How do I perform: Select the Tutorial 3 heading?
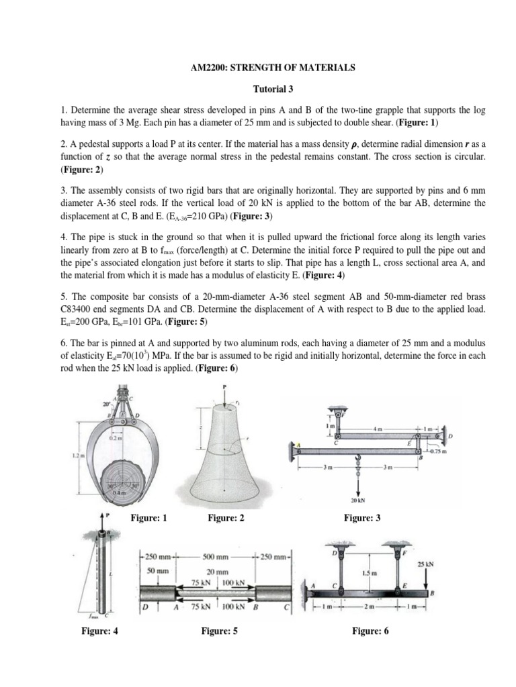tap(258, 88)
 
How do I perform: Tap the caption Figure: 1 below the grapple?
tap(146, 517)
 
